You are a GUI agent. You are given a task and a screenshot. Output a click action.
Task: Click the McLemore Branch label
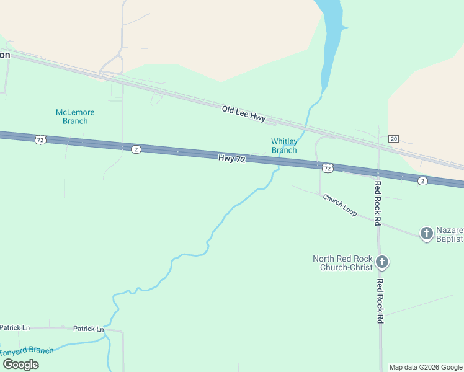pyautogui.click(x=75, y=117)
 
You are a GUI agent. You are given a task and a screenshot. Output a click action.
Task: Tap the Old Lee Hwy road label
pyautogui.click(x=244, y=113)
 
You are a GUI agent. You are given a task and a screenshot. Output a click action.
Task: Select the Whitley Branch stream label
pyautogui.click(x=284, y=146)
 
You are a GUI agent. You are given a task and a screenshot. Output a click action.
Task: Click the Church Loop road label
pyautogui.click(x=339, y=205)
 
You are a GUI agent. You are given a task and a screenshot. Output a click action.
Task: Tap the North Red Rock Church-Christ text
pyautogui.click(x=342, y=263)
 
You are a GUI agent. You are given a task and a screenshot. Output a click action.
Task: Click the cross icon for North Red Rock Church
pyautogui.click(x=382, y=262)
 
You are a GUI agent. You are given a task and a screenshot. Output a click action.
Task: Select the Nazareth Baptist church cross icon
pyautogui.click(x=427, y=233)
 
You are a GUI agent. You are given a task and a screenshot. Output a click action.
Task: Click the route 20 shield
pyautogui.click(x=393, y=138)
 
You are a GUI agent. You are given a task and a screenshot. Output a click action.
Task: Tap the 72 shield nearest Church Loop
pyautogui.click(x=328, y=168)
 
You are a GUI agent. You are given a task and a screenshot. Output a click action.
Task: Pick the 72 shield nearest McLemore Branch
pyautogui.click(x=40, y=139)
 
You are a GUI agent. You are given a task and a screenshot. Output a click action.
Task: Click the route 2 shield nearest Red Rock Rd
pyautogui.click(x=422, y=180)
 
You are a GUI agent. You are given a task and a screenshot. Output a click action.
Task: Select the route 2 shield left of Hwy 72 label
pyautogui.click(x=136, y=149)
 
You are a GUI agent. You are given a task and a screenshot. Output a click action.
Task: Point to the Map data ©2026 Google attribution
pyautogui.click(x=426, y=367)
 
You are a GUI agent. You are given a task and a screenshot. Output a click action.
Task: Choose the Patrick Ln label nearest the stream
pyautogui.click(x=88, y=329)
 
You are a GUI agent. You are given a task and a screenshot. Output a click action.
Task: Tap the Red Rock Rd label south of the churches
pyautogui.click(x=380, y=301)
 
